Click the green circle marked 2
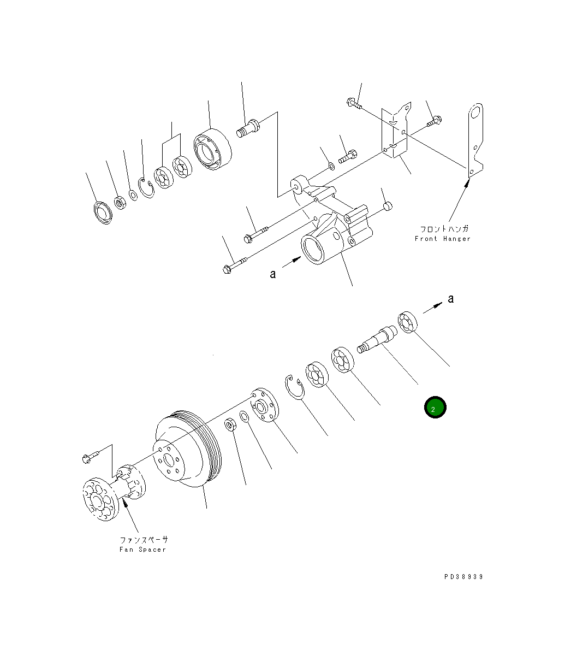[x=435, y=408]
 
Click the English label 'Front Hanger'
[x=442, y=239]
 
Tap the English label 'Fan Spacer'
[x=142, y=550]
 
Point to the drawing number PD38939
[x=463, y=576]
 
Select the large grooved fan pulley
[x=186, y=448]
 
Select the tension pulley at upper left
[x=212, y=149]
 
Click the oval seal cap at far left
[x=102, y=212]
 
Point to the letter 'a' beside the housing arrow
[x=273, y=274]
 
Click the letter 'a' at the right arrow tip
[x=451, y=299]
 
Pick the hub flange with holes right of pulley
[x=264, y=406]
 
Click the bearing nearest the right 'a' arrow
[x=408, y=321]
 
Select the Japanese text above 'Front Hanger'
[x=443, y=229]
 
